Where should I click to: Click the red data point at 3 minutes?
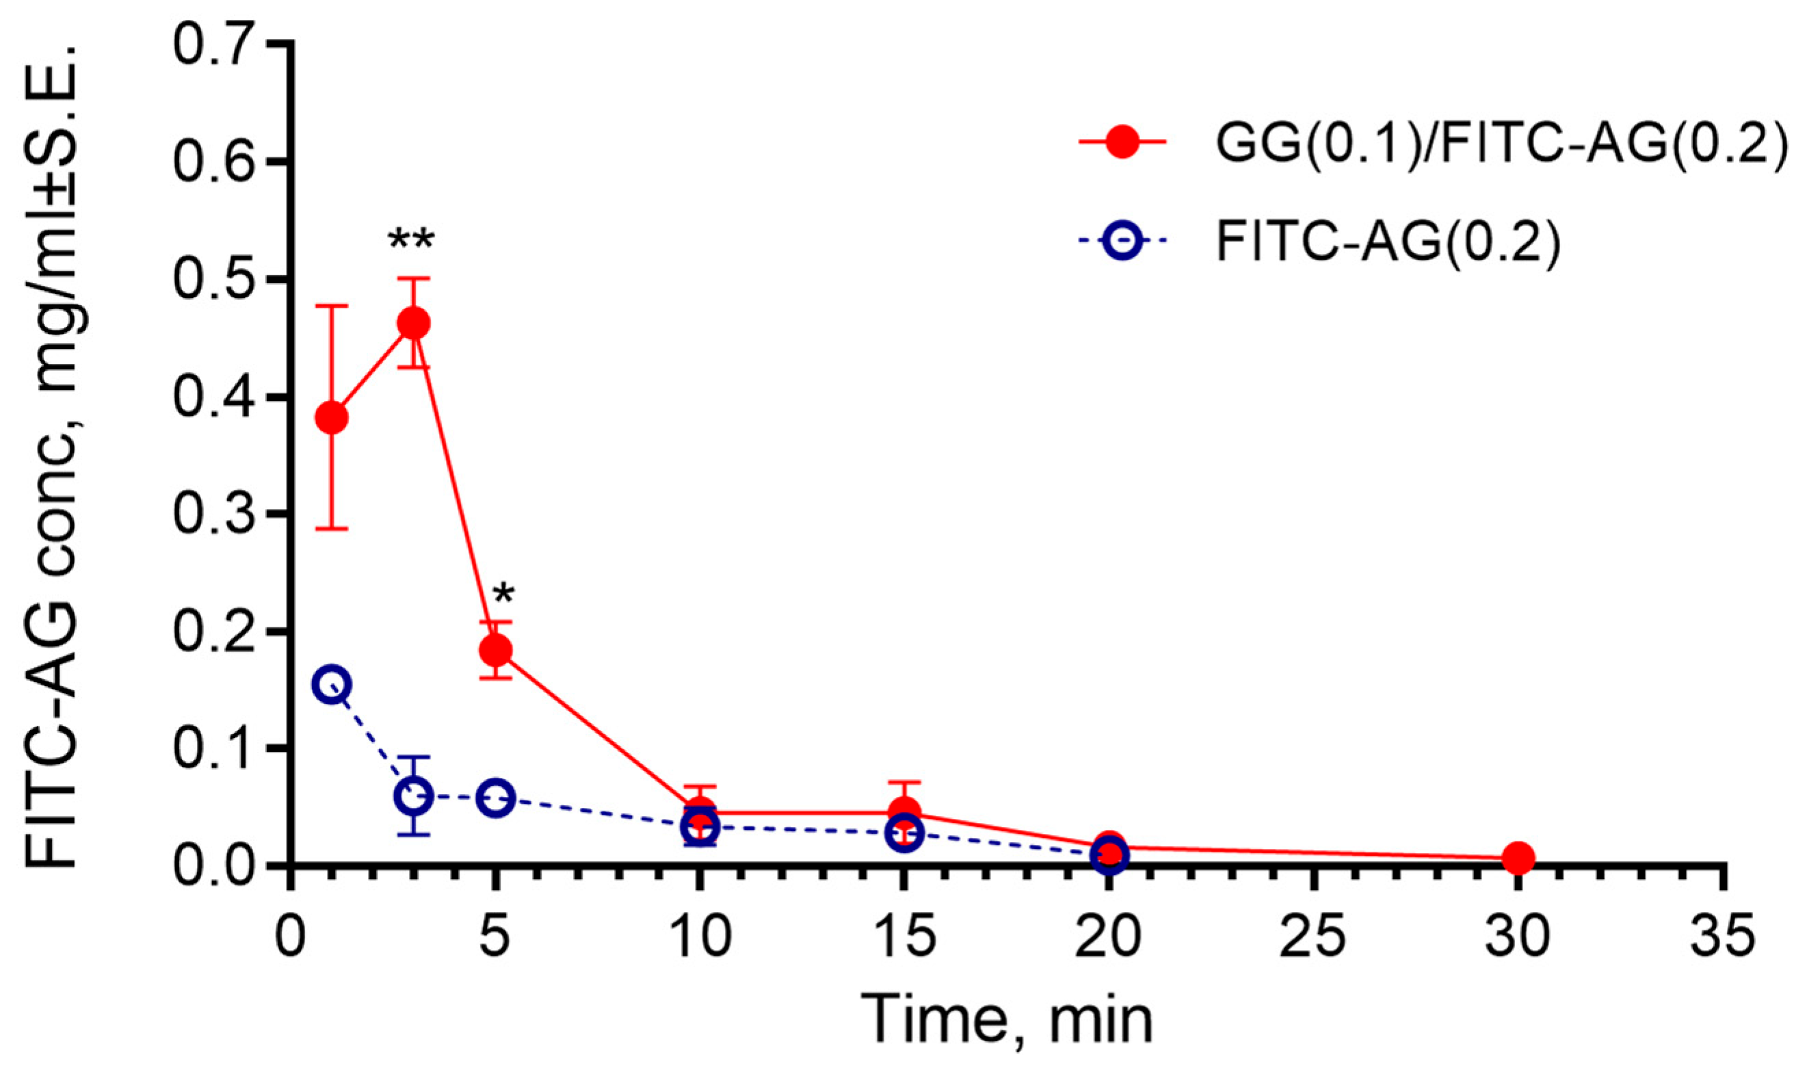click(x=414, y=323)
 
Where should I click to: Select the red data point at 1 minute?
click(x=332, y=417)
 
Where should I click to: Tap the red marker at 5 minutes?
click(x=495, y=651)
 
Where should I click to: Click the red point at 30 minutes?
click(x=1518, y=857)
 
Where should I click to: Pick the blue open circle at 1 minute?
click(x=332, y=684)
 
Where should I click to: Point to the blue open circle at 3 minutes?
click(x=414, y=796)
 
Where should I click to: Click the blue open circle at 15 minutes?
click(x=904, y=833)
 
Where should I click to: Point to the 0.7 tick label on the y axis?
click(x=217, y=44)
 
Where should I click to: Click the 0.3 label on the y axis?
click(x=217, y=514)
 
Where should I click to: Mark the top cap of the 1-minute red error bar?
click(x=332, y=306)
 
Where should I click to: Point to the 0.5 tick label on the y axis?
click(x=217, y=280)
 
